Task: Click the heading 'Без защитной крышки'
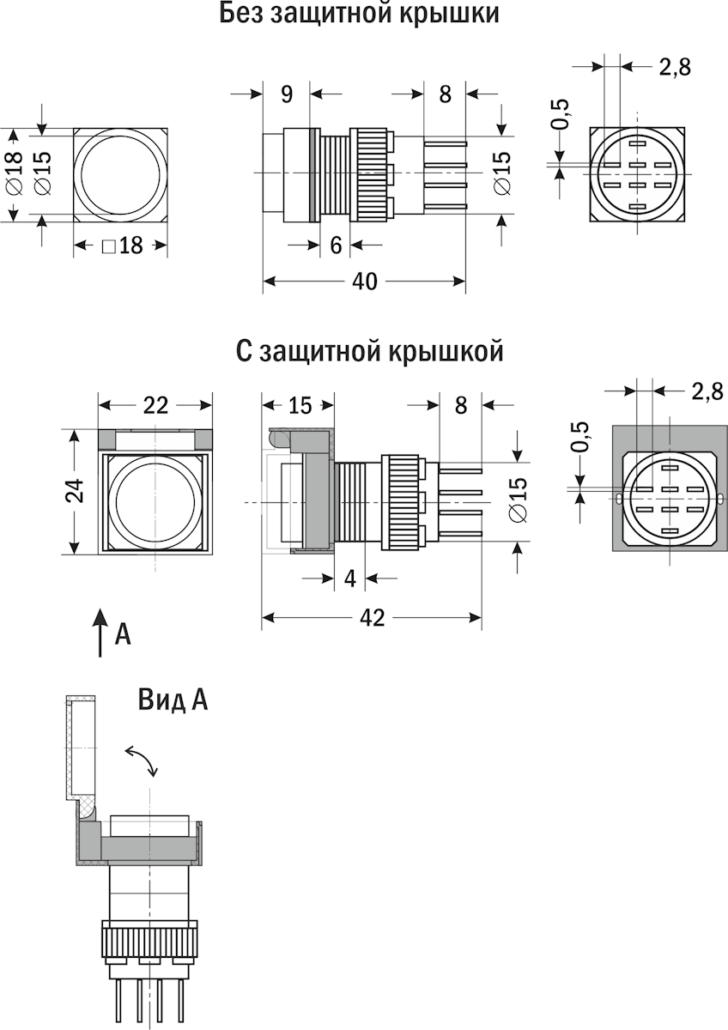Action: click(359, 14)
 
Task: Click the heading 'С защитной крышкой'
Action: click(368, 351)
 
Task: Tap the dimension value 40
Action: click(364, 282)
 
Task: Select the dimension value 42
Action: click(371, 618)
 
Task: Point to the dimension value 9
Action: click(286, 94)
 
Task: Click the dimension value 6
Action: click(336, 245)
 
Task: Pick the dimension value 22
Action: click(155, 405)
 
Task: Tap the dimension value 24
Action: click(76, 491)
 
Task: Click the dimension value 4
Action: click(349, 579)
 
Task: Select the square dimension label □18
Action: click(121, 246)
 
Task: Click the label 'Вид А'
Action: click(173, 700)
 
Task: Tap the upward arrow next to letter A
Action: click(100, 633)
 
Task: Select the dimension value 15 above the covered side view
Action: click(300, 405)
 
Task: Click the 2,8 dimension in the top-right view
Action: click(675, 67)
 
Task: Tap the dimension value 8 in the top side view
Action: click(445, 94)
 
